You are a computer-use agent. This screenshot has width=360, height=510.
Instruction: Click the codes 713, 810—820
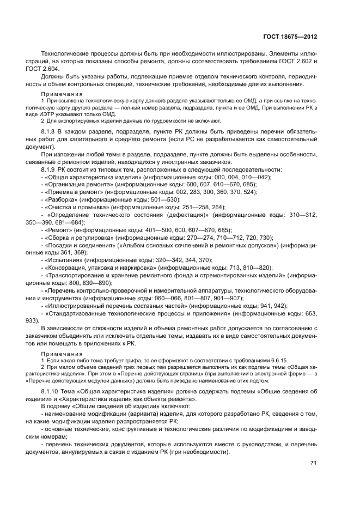click(248, 268)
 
